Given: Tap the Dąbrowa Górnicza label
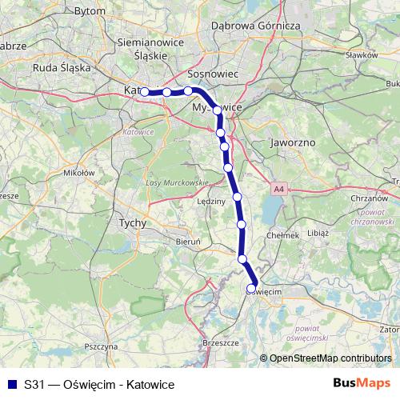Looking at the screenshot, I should coord(254,26).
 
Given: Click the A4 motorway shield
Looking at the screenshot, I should coord(278,190).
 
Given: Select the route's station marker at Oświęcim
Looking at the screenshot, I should coord(251,289).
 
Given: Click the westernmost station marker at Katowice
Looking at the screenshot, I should coord(146,92).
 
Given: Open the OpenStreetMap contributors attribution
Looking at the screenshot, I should coord(330,358).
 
